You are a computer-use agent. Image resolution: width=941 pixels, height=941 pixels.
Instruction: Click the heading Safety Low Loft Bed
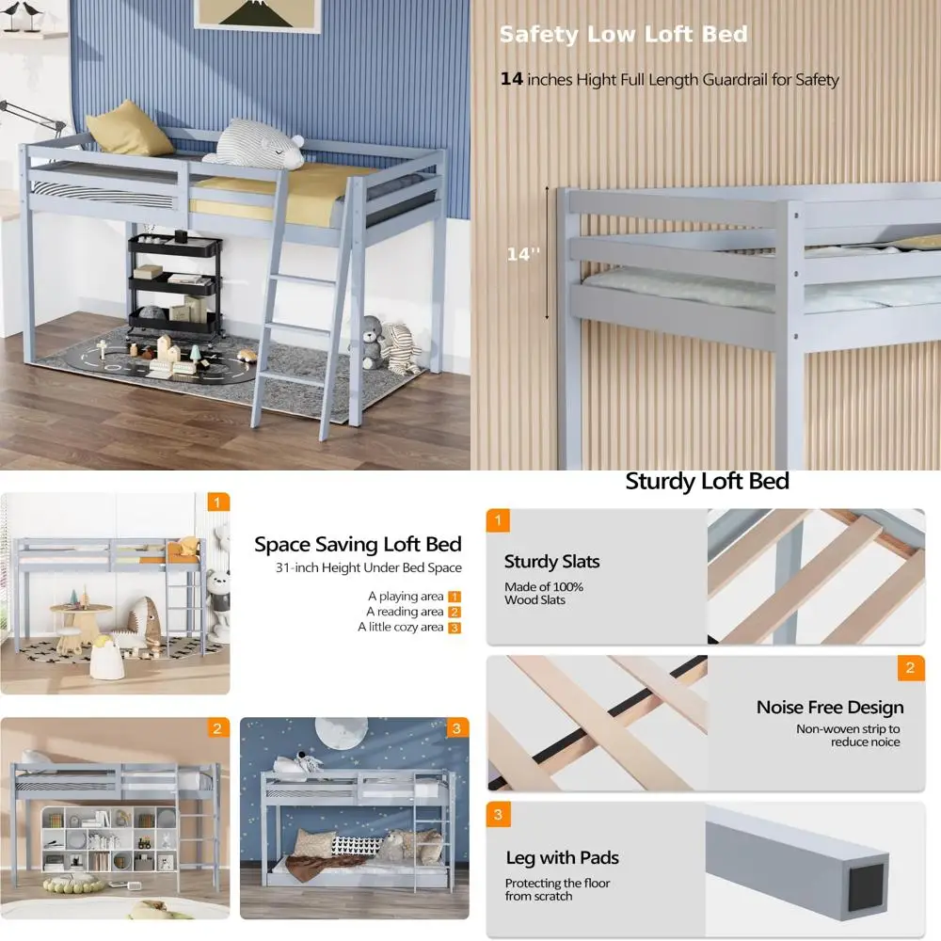click(623, 35)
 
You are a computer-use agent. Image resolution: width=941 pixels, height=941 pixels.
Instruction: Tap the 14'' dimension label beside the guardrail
click(523, 254)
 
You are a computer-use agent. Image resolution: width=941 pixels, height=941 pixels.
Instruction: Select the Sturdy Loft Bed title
click(707, 482)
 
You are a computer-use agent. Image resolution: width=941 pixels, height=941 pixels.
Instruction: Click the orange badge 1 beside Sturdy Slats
click(498, 520)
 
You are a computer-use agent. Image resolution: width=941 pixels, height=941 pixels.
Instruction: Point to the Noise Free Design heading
click(829, 707)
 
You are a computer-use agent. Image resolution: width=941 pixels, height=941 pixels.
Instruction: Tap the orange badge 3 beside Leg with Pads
click(498, 814)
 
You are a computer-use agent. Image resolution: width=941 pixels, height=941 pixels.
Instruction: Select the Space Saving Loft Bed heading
click(358, 544)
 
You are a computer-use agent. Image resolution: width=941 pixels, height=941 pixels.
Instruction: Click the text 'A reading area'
click(406, 612)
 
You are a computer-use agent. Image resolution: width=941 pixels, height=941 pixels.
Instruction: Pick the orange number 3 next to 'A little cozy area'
click(455, 628)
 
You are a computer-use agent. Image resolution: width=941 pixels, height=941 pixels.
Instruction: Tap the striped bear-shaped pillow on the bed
click(256, 144)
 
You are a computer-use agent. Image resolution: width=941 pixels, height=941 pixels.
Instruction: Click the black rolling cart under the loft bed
click(176, 282)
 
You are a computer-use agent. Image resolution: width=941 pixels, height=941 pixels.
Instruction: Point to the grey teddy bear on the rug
click(373, 343)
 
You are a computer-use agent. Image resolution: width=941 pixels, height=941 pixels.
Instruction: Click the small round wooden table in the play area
click(80, 616)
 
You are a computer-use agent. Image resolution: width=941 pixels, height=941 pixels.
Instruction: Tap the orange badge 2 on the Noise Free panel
click(909, 668)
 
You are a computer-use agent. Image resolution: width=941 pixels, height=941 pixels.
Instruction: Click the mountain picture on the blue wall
click(256, 12)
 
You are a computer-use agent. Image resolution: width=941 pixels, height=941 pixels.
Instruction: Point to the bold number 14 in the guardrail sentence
click(511, 79)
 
